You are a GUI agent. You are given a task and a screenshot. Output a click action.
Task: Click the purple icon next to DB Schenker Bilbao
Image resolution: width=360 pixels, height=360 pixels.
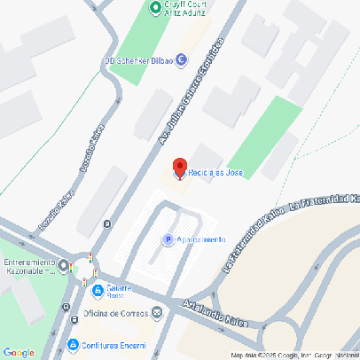point(181,60)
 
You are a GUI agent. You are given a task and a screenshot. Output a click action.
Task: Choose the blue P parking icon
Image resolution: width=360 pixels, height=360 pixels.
point(167,239)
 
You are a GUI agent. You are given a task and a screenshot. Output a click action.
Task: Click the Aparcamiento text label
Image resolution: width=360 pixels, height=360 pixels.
point(201,239)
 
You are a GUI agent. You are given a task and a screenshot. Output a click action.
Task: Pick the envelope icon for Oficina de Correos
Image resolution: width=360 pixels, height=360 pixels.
point(157,311)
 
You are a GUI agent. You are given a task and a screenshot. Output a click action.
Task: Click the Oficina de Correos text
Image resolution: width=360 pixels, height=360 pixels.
point(116,311)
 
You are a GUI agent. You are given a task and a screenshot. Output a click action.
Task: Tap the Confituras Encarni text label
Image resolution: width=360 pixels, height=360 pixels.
point(114,343)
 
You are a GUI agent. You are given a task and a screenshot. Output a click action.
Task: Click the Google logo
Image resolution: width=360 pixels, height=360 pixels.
point(19,352)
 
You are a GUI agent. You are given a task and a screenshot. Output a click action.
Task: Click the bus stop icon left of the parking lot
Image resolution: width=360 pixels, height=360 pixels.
point(107,224)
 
